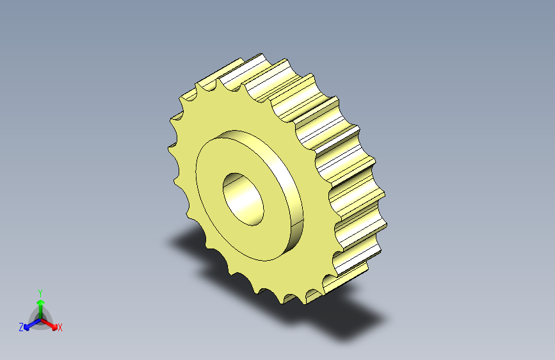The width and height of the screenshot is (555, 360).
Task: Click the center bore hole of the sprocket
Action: [243, 199]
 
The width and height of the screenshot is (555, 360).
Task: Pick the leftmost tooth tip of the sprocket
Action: [168, 149]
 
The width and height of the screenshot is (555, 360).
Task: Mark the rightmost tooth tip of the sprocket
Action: [386, 225]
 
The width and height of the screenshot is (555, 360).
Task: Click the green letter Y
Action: [40, 293]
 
